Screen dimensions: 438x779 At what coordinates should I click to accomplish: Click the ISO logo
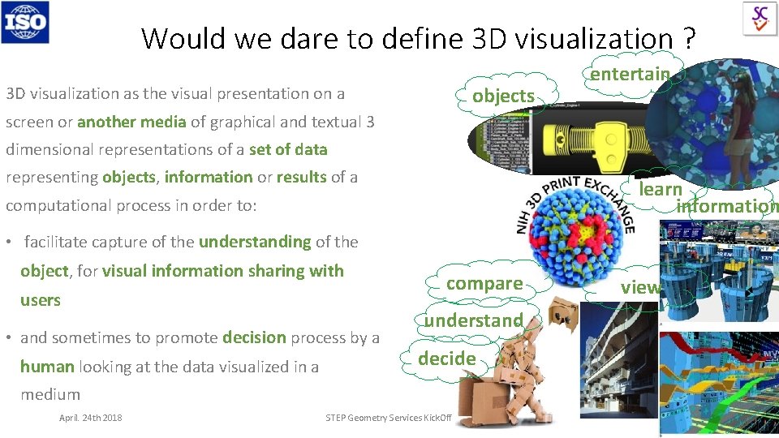tap(25, 21)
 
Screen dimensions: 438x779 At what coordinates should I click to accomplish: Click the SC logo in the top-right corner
tap(760, 18)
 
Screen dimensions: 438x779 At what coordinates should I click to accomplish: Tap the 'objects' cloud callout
tap(503, 96)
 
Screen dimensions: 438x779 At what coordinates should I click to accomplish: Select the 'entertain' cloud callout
tap(630, 74)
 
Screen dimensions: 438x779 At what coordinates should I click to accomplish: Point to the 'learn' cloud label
tap(660, 189)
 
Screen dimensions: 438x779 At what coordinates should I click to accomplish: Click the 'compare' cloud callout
tap(484, 283)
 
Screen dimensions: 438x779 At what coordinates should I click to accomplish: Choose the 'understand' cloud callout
tap(473, 320)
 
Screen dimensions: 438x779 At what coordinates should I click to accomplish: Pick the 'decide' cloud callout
tap(446, 358)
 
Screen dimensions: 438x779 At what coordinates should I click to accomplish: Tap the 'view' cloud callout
tap(640, 286)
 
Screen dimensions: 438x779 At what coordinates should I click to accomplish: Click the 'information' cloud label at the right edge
tap(727, 206)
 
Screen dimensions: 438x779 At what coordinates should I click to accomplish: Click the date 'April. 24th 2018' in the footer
tap(90, 418)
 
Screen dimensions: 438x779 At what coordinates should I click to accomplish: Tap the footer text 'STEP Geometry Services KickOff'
tap(388, 418)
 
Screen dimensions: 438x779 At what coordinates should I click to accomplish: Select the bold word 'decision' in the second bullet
tap(253, 337)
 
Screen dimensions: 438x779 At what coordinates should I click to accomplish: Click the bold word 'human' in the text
tap(47, 366)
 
